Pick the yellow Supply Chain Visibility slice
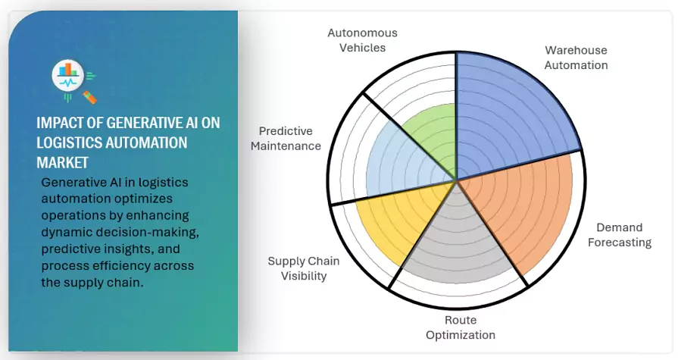coord(394,224)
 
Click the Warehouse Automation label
coord(576,58)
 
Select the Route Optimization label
coord(460,327)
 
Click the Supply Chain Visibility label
coord(304,268)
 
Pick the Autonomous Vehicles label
coord(362,40)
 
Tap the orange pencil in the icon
coord(89,96)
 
